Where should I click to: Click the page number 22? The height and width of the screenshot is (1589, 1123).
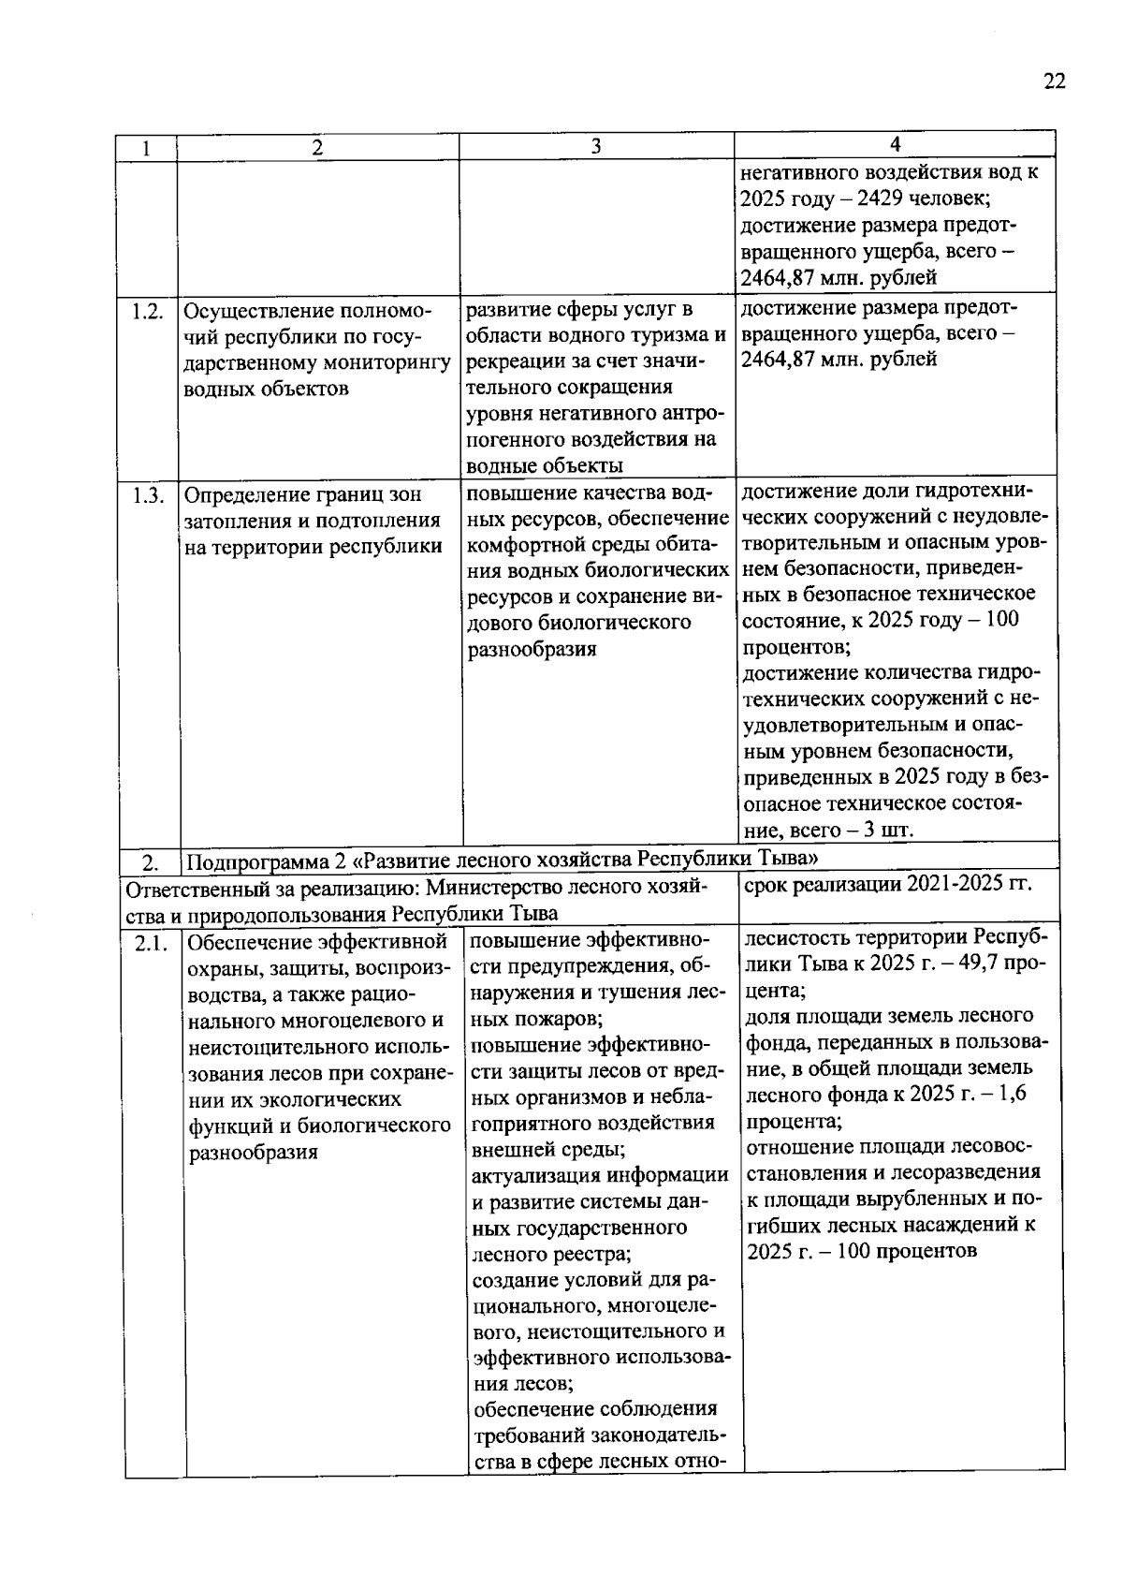1054,81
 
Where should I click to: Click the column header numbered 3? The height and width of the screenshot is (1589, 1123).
596,147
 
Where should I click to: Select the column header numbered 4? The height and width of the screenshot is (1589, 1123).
895,143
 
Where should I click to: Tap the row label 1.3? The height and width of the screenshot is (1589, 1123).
149,494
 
